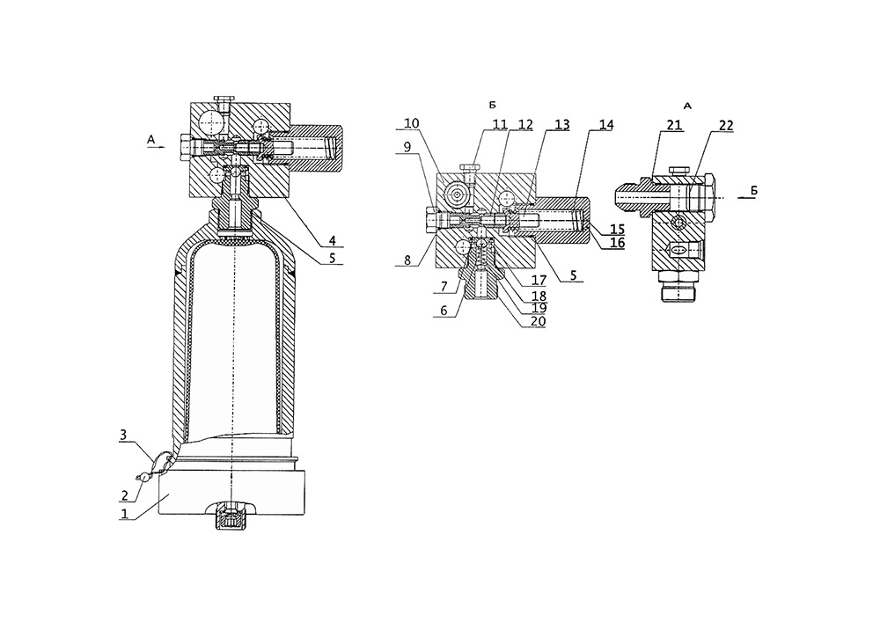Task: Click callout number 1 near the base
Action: [x=125, y=513]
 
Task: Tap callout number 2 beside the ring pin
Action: [x=125, y=496]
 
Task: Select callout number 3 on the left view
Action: [x=123, y=435]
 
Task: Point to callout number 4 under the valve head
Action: [x=333, y=241]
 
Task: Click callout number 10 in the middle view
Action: [x=411, y=123]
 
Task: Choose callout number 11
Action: [x=500, y=124]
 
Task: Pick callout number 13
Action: [x=561, y=124]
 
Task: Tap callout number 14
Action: [x=605, y=124]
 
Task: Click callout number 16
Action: [x=618, y=242]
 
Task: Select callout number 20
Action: [x=538, y=321]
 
